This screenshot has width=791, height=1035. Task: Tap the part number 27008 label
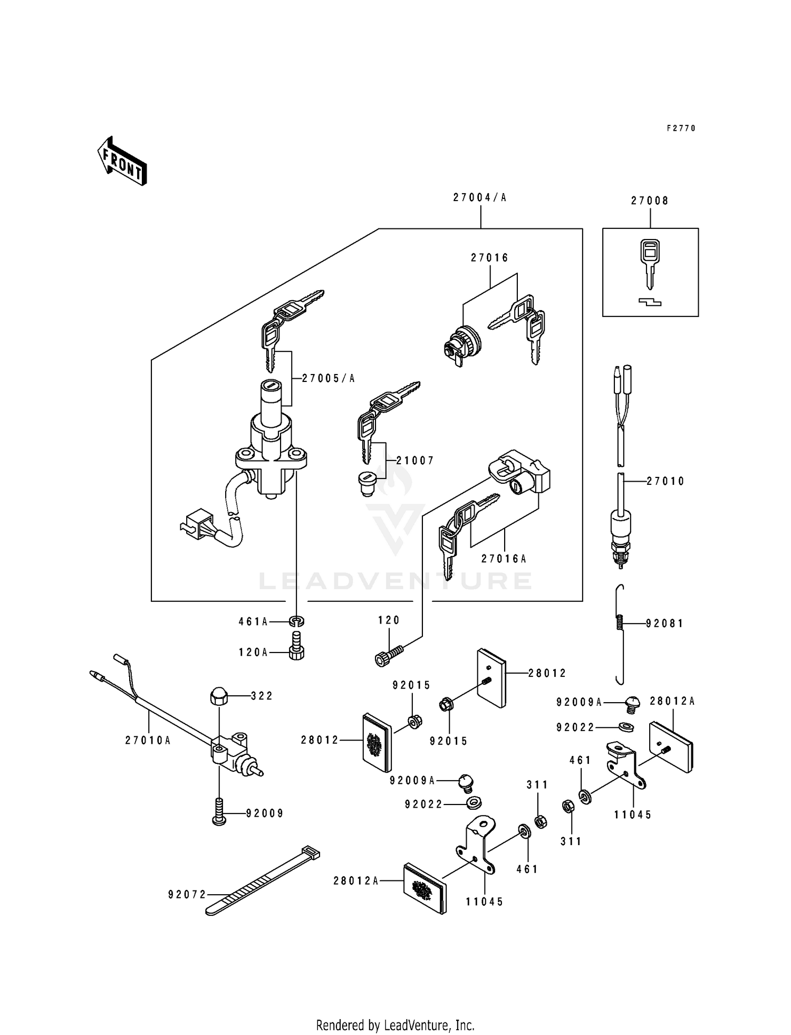tap(650, 201)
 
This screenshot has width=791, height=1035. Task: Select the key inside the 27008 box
tap(650, 262)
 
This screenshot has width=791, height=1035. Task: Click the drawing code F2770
tap(681, 128)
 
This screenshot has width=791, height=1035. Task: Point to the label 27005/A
tap(328, 378)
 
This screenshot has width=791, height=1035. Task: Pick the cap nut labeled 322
tap(218, 697)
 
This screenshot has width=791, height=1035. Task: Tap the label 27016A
tap(504, 559)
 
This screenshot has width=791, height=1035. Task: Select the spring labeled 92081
tap(621, 624)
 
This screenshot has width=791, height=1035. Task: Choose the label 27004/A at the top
tap(479, 198)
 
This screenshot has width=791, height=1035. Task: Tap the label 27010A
tap(148, 741)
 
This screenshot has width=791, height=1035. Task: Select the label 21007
tap(415, 461)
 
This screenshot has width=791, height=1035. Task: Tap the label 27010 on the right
tap(665, 481)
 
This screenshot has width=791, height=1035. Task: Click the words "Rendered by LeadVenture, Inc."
tap(395, 1025)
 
